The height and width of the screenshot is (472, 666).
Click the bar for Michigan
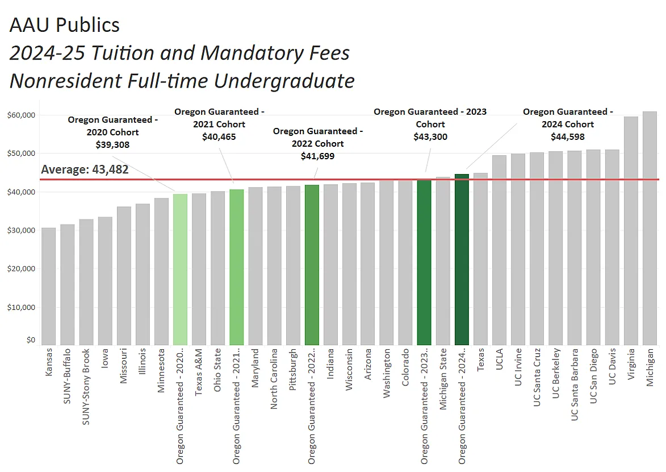650,227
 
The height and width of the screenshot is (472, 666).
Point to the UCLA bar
499,250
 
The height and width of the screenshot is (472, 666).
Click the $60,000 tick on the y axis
22,115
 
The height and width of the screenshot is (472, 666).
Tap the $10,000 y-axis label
22,308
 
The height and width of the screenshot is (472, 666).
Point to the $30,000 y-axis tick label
22,231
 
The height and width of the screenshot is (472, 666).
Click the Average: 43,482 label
85,169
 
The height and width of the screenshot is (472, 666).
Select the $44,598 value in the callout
567,136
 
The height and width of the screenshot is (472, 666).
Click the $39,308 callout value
112,144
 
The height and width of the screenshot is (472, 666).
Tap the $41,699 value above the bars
317,156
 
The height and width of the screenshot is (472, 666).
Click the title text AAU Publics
65,25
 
